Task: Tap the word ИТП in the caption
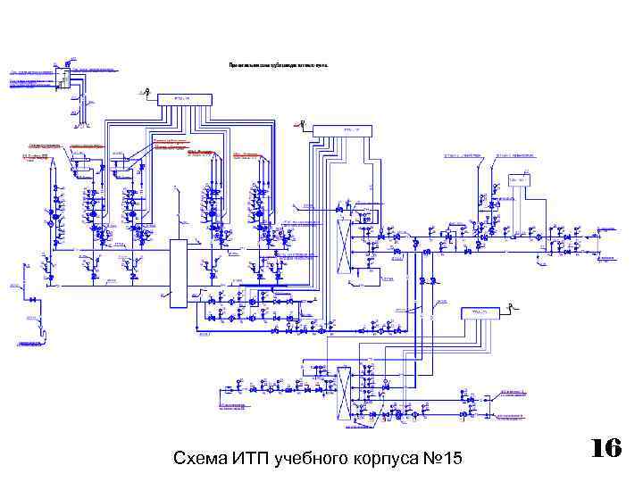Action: [252, 459]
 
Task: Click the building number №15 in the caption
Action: [441, 459]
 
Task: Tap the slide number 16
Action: [606, 448]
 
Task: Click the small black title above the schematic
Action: [279, 66]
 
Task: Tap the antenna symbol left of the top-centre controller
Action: [146, 90]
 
